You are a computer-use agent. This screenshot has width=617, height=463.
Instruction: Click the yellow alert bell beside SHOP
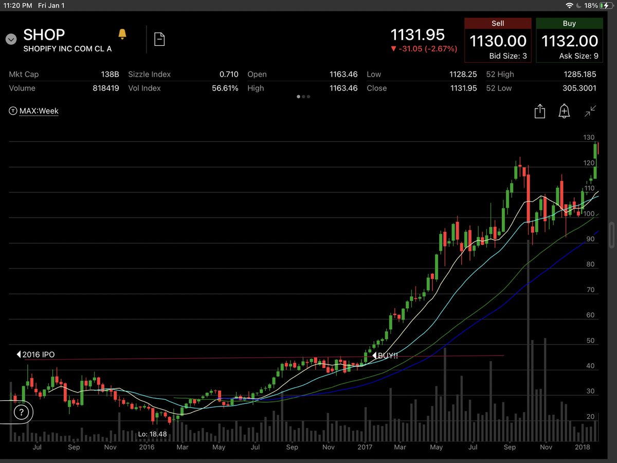click(122, 34)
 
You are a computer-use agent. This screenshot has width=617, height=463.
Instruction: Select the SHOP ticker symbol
click(44, 35)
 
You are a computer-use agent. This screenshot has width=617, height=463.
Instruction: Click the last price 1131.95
click(418, 35)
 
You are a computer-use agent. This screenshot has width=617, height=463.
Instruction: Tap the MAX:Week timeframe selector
click(39, 111)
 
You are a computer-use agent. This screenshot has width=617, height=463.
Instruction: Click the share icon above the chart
click(539, 111)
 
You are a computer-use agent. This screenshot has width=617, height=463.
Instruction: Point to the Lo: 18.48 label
click(153, 434)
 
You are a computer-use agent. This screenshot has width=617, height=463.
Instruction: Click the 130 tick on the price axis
click(589, 138)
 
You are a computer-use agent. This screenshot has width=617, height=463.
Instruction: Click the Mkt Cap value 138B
click(110, 75)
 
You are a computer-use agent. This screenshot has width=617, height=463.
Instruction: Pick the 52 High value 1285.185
click(578, 75)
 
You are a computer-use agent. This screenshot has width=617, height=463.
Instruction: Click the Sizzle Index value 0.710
click(228, 75)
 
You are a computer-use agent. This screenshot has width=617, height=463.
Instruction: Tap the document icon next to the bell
click(159, 39)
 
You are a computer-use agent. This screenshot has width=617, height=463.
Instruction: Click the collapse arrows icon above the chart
click(590, 111)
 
